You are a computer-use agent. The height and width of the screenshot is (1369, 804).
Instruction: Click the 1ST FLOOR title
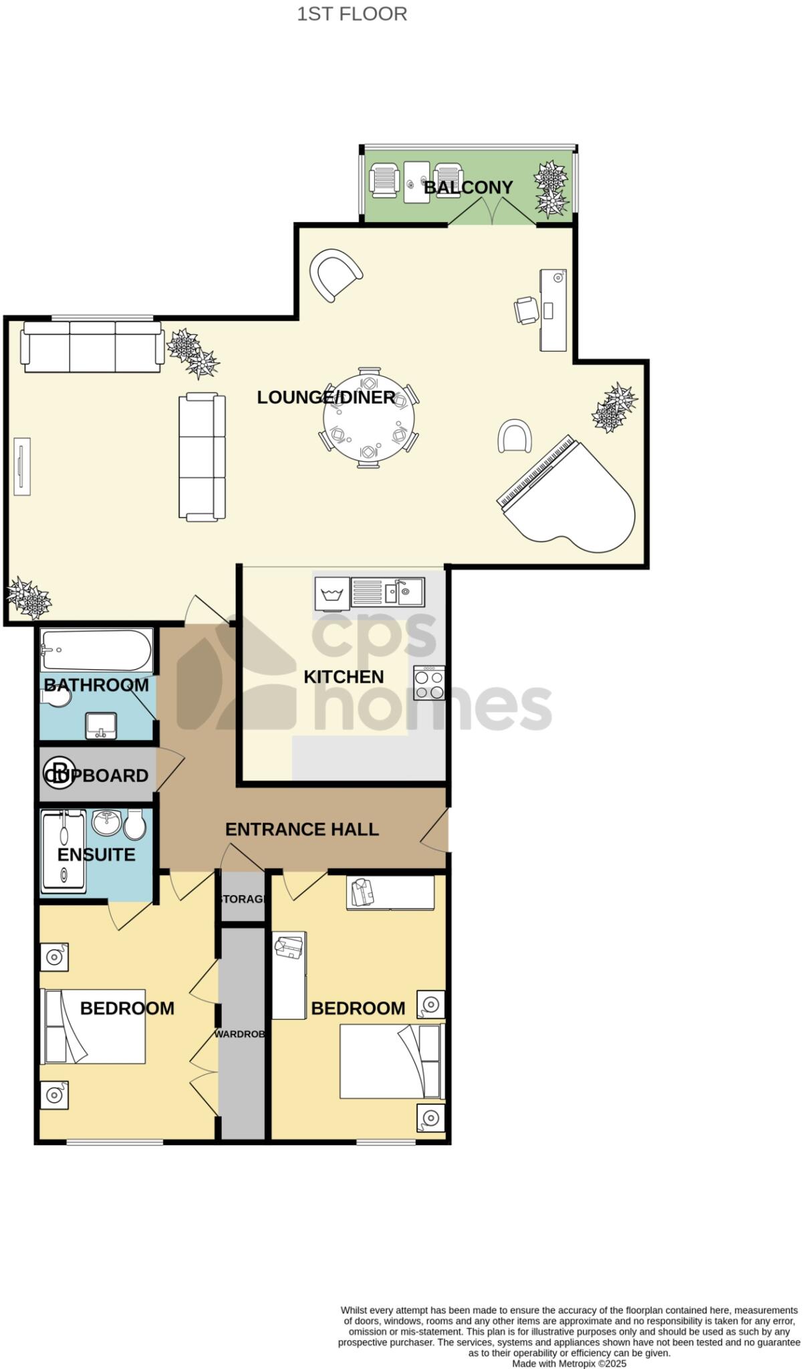352,14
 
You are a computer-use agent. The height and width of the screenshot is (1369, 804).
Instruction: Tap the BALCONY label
468,187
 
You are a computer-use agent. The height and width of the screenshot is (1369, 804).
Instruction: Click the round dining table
368,418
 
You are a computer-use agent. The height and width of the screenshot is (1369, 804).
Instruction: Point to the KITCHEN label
344,676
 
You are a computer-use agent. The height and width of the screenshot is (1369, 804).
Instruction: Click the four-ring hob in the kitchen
429,682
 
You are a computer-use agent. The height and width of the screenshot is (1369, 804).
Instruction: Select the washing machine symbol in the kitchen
332,594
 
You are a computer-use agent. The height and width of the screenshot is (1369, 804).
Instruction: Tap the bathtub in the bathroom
96,650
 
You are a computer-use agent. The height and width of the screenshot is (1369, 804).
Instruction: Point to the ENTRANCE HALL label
301,830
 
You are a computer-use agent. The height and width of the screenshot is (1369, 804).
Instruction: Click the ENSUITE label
96,854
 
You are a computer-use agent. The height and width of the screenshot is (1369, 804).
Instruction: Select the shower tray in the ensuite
63,851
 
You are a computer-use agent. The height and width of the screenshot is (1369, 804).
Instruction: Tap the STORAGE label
243,899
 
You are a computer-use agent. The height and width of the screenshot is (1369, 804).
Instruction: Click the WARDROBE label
241,1034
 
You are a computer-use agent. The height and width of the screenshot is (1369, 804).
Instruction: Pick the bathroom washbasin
101,725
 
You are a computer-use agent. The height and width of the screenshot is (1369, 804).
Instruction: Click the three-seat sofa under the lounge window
92,346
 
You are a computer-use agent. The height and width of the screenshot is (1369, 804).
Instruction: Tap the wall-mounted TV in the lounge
22,467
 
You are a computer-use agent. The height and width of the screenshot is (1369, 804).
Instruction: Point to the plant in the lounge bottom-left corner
29,598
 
